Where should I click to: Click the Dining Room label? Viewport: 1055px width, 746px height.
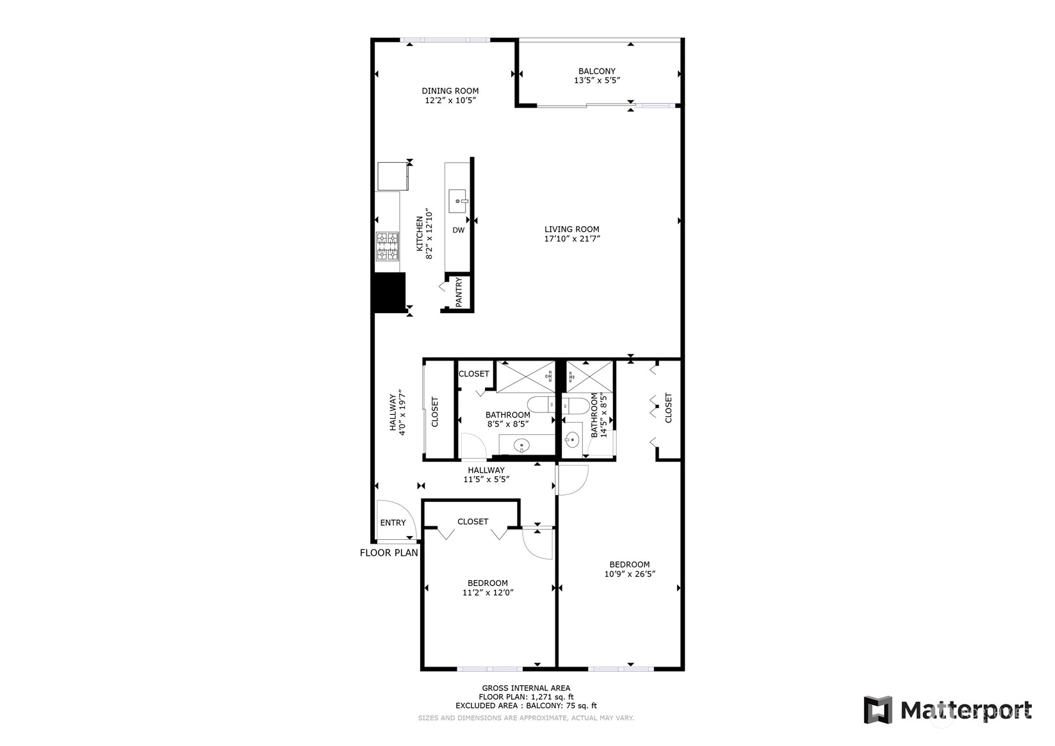(x=450, y=91)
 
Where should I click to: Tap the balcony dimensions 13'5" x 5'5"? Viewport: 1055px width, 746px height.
(x=597, y=80)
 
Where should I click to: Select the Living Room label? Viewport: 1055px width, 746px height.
(x=572, y=229)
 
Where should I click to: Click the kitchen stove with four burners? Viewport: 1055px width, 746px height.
(x=388, y=247)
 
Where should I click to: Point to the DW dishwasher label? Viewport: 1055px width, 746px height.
(x=458, y=231)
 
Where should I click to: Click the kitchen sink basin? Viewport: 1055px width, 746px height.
(x=457, y=201)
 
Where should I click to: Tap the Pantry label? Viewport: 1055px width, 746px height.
(x=459, y=292)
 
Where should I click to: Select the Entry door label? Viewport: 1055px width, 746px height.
(x=393, y=523)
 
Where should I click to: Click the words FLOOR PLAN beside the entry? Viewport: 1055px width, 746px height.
(x=389, y=553)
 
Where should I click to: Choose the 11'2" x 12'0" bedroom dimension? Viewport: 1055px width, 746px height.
(x=488, y=592)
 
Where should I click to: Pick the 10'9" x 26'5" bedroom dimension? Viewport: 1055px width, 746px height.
(x=630, y=574)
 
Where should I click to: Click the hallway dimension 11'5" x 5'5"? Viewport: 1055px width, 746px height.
(x=487, y=480)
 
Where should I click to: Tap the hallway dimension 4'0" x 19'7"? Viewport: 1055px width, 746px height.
(x=402, y=412)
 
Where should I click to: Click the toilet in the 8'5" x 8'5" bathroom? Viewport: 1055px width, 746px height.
(x=541, y=405)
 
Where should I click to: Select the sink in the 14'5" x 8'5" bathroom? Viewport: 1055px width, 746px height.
(x=571, y=440)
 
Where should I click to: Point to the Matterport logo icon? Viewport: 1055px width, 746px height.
(x=878, y=710)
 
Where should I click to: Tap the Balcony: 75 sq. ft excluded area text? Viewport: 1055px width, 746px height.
(x=561, y=706)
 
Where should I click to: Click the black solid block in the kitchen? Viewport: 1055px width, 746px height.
(x=389, y=293)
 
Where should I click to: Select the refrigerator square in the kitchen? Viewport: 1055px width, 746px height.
(x=393, y=177)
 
